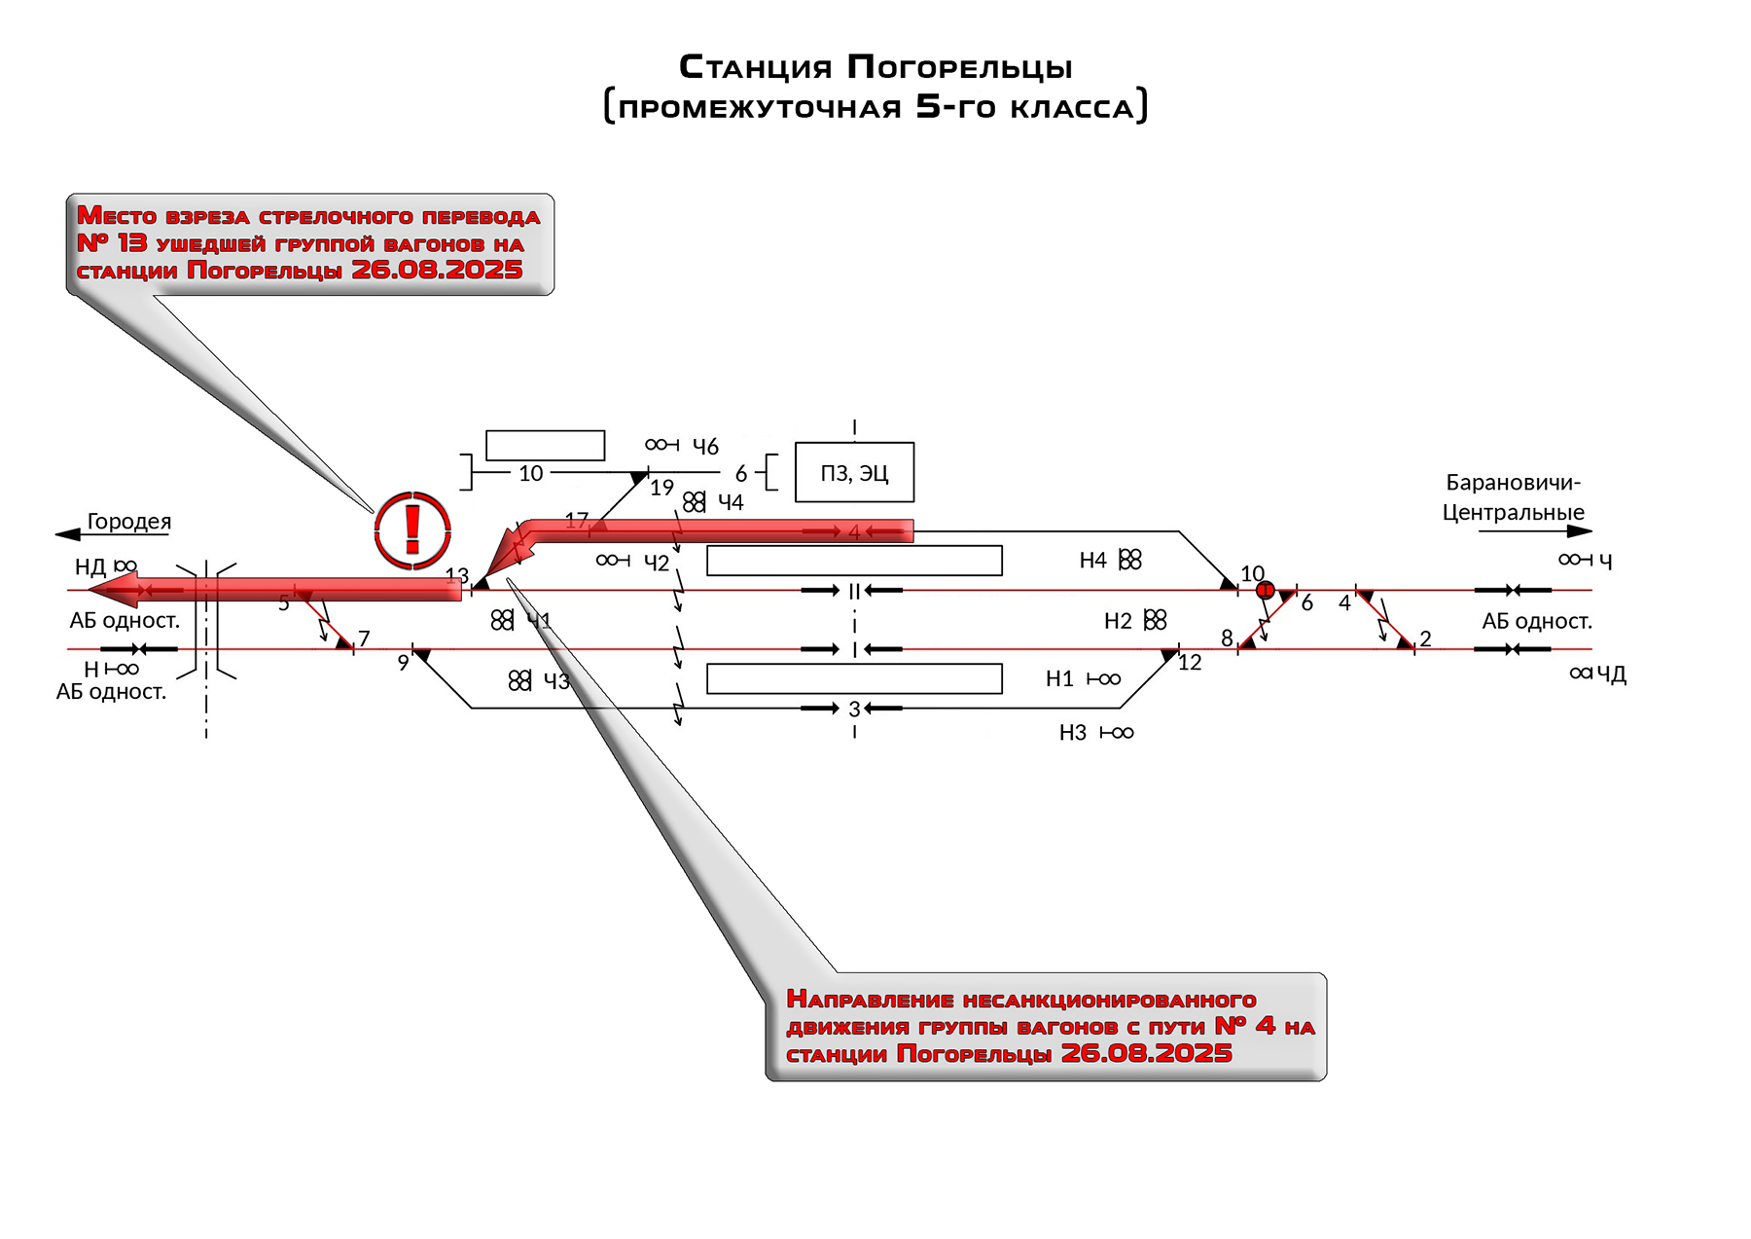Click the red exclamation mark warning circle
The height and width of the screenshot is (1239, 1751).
[412, 530]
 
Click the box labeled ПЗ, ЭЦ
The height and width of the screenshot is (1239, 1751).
[854, 473]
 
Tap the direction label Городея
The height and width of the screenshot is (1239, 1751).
[128, 522]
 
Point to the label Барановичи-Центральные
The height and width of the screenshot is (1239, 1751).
[1513, 497]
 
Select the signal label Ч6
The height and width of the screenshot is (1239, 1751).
[705, 447]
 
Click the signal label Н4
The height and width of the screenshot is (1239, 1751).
[1092, 561]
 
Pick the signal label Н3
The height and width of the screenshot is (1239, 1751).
[1072, 733]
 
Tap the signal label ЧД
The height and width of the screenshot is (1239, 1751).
[1611, 674]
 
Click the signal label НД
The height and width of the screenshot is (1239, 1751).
[90, 567]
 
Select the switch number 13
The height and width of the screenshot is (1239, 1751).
[456, 576]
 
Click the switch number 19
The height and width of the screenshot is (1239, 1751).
[661, 488]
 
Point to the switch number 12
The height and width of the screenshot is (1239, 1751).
[1190, 663]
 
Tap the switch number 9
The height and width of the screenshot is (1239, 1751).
[403, 663]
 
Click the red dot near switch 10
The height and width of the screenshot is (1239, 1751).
[1265, 590]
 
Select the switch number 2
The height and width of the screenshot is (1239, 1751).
[1425, 639]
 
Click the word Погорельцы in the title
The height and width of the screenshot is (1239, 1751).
[959, 67]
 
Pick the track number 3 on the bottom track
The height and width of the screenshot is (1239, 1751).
[854, 710]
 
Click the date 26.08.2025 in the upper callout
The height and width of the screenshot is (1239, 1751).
[437, 270]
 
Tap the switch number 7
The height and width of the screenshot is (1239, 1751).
[364, 638]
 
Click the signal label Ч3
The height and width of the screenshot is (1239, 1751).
[556, 681]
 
